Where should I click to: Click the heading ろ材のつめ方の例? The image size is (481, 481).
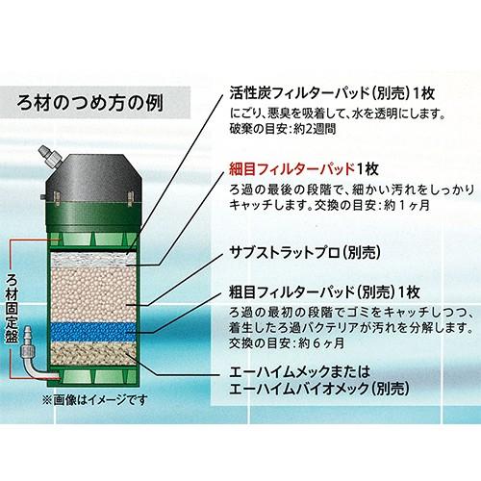point(90,103)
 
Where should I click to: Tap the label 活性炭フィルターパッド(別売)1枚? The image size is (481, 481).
point(332,93)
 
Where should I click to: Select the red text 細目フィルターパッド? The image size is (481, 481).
point(292,169)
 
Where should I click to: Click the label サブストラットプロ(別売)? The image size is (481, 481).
point(305,253)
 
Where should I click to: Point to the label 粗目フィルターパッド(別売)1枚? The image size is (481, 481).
point(324,291)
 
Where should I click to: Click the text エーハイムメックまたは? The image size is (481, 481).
point(300,372)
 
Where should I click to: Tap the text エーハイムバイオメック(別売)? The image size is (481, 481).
point(319,389)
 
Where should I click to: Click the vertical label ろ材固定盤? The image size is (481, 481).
point(12,309)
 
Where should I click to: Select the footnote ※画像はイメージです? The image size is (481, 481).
point(95,400)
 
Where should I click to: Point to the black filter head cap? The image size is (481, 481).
point(94,176)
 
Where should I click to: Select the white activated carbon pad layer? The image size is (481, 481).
point(94,259)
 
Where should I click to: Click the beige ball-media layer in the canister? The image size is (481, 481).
point(94,294)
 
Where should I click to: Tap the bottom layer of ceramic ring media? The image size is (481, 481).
point(94,355)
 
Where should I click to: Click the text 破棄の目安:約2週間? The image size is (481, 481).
point(283,129)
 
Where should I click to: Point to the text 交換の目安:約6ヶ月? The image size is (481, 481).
point(287,344)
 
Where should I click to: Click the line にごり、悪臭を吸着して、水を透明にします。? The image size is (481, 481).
point(338,114)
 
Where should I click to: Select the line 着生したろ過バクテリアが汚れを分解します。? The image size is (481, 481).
point(351,328)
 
